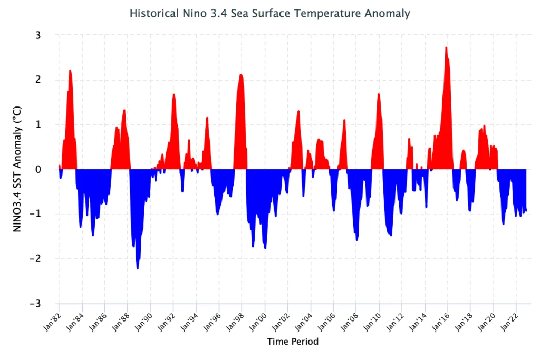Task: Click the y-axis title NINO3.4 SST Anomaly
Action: [17, 169]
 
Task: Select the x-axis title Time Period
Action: [293, 342]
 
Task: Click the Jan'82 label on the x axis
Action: [52, 322]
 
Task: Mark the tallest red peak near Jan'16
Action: [446, 47]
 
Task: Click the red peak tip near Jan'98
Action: [241, 74]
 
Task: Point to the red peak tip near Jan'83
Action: [70, 70]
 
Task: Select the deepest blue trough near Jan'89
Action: [138, 268]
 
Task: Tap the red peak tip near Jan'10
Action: [379, 94]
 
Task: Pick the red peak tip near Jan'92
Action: [173, 94]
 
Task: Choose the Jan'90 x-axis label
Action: [143, 322]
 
